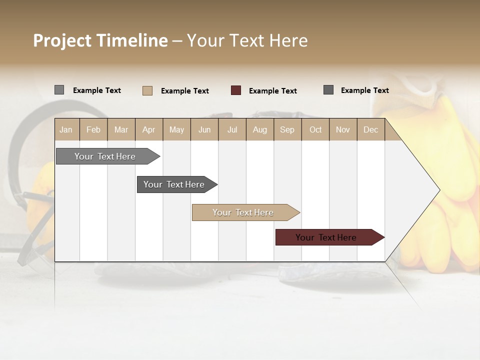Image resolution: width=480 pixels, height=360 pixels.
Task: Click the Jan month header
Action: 66,129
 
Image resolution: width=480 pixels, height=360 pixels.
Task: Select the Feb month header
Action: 93,129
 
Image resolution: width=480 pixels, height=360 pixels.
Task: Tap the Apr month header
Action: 148,129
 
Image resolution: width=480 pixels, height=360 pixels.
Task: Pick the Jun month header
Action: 204,129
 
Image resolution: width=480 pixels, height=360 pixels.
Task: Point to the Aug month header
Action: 259,129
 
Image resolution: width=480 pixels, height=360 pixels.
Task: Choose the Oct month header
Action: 315,129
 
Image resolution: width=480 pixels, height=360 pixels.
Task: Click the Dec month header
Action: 370,129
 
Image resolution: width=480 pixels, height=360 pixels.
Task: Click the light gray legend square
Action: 59,90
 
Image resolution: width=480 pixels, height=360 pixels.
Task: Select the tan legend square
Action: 147,90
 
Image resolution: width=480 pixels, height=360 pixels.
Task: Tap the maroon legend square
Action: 236,90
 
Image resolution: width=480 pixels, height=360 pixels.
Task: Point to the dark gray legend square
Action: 328,90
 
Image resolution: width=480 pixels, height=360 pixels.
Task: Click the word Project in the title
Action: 62,40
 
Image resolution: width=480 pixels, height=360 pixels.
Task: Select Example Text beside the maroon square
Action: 273,91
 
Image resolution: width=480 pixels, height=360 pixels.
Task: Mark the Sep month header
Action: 287,129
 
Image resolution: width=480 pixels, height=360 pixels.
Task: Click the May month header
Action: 176,129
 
